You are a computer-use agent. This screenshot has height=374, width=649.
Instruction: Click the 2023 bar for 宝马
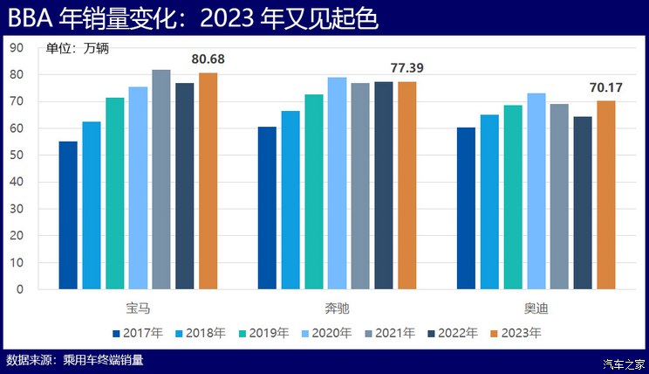point(208,181)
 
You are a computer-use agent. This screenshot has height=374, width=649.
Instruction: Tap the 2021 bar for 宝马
point(161,179)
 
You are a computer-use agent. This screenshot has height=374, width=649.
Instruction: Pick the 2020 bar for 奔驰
point(337,184)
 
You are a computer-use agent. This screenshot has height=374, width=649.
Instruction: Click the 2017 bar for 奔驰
point(267,208)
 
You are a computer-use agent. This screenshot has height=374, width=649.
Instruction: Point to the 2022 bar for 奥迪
point(583,203)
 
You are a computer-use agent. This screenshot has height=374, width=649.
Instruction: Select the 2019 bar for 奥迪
point(513,197)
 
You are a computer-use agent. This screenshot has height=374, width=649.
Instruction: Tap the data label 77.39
point(407,67)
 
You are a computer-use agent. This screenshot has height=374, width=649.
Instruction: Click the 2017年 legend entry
point(138,333)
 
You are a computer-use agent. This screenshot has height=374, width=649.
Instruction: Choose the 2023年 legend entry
point(516,333)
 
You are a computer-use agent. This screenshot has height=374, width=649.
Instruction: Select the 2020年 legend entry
point(326,333)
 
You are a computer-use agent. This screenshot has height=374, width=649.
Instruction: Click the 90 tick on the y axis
point(17,48)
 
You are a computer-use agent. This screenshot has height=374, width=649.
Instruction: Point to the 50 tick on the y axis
point(17,156)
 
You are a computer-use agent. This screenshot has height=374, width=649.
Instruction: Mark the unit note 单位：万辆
point(77,49)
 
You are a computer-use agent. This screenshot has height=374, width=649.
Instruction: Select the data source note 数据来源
point(74,359)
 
